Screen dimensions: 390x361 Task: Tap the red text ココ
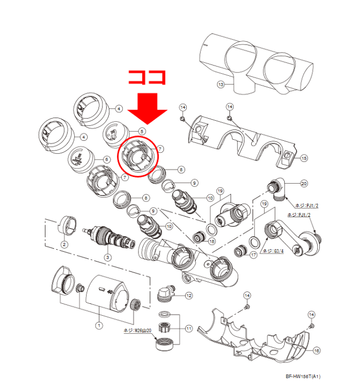147,76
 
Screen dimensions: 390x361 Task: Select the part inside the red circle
137,157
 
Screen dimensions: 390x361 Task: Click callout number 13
220,84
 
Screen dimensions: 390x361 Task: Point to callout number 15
304,158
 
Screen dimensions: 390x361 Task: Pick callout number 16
316,350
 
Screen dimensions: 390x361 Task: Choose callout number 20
304,184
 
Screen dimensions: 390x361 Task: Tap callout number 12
188,295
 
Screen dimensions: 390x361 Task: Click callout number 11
188,328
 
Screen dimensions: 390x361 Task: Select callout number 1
99,326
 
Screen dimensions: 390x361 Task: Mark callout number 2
64,245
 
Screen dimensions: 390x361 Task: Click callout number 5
142,131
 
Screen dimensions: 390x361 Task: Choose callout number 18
212,240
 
